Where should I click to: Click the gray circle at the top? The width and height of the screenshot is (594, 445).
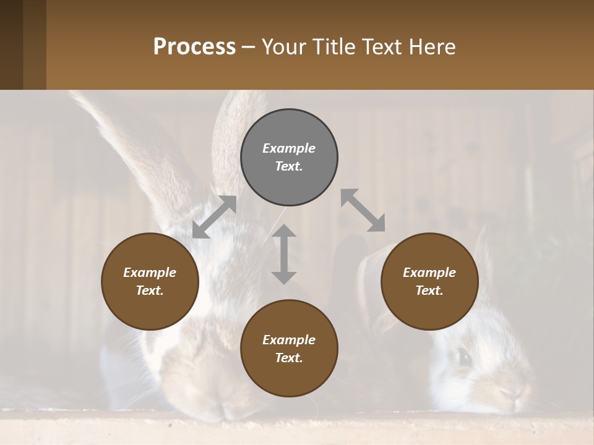coord(289,158)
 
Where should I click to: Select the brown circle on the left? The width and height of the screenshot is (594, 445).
coord(150,281)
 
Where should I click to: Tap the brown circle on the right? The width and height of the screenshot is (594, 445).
coord(429,281)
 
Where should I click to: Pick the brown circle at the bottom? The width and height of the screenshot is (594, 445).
coord(289,349)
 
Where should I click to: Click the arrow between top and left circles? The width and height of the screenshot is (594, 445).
coord(214,217)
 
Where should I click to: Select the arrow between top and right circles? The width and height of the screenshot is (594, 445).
coord(363,210)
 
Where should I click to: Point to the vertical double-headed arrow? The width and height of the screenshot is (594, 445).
coord(284,254)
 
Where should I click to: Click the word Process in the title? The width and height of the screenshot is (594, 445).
coord(194,46)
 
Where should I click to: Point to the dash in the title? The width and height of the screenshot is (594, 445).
coord(249,48)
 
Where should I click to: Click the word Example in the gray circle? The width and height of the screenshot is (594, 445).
coord(289,148)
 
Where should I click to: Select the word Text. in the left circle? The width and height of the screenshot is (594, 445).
coord(150,290)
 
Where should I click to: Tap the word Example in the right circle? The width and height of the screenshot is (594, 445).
coord(429,273)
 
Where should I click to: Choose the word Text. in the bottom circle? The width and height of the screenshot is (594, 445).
coord(289,358)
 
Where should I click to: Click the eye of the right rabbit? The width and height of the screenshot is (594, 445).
coord(463,356)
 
